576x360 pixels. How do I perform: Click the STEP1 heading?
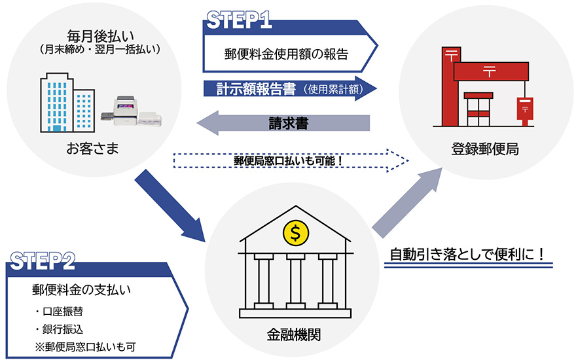pyautogui.click(x=239, y=19)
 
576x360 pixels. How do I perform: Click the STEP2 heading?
pyautogui.click(x=43, y=260)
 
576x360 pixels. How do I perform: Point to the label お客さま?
pyautogui.click(x=96, y=149)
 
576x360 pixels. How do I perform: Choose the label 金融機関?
pyautogui.click(x=295, y=334)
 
